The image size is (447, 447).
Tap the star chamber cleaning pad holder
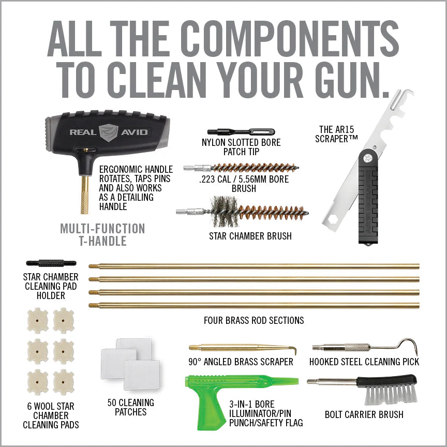[x=51, y=263]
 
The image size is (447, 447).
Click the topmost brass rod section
[x=254, y=266]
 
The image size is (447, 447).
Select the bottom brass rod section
[x=254, y=305]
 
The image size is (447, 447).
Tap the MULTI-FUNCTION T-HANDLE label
[x=102, y=234]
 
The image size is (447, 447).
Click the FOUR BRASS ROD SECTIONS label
[x=254, y=320]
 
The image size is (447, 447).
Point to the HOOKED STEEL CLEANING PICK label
[x=364, y=362]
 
